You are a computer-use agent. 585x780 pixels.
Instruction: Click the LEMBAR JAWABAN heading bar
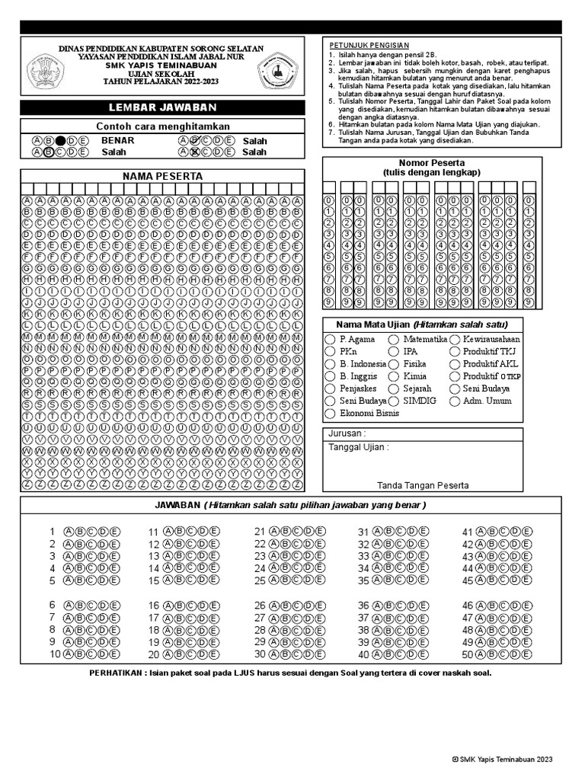(162, 107)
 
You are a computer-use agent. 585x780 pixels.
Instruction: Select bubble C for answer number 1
(91, 532)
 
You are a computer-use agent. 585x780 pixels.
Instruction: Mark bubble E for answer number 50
(527, 654)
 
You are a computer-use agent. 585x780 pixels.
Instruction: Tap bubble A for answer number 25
(276, 580)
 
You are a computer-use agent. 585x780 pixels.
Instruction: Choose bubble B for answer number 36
(388, 606)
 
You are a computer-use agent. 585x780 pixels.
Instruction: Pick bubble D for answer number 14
(203, 568)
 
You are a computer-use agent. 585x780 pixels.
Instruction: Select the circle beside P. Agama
(330, 339)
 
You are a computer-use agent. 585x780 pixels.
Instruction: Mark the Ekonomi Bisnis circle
(330, 414)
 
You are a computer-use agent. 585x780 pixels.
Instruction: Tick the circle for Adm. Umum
(455, 401)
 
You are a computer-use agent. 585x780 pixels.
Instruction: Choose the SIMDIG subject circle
(394, 401)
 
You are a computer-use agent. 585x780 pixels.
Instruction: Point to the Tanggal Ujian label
(358, 447)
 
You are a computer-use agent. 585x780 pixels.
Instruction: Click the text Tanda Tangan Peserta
(423, 485)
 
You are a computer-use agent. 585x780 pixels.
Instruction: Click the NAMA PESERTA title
(162, 176)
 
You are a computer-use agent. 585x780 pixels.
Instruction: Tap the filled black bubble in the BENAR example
(60, 141)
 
